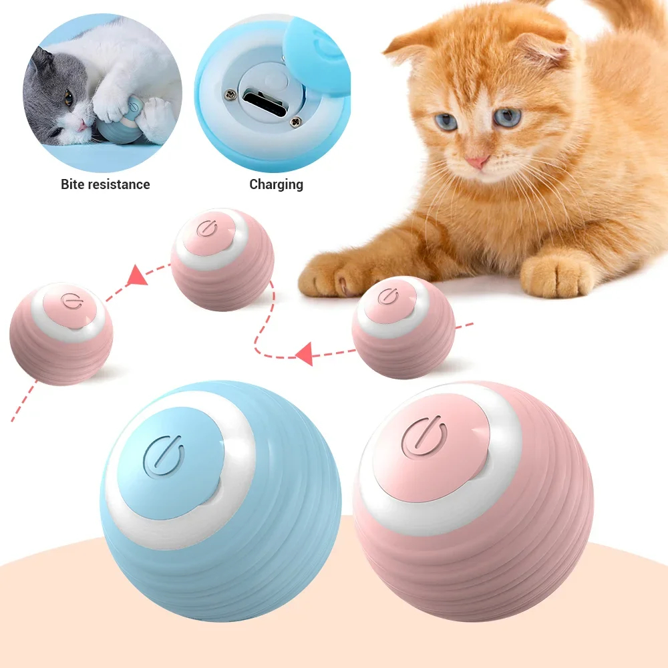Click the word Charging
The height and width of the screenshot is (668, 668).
(x=276, y=184)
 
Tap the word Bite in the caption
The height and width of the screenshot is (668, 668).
(x=74, y=184)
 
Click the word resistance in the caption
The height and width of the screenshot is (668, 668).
(x=120, y=184)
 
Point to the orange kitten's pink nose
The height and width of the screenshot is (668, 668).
(x=478, y=162)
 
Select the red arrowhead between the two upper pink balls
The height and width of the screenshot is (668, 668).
(x=138, y=275)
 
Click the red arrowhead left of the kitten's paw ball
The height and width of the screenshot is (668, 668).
(x=305, y=353)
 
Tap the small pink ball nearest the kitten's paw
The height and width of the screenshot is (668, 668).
(x=403, y=327)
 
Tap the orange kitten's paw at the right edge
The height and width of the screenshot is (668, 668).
(x=558, y=274)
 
